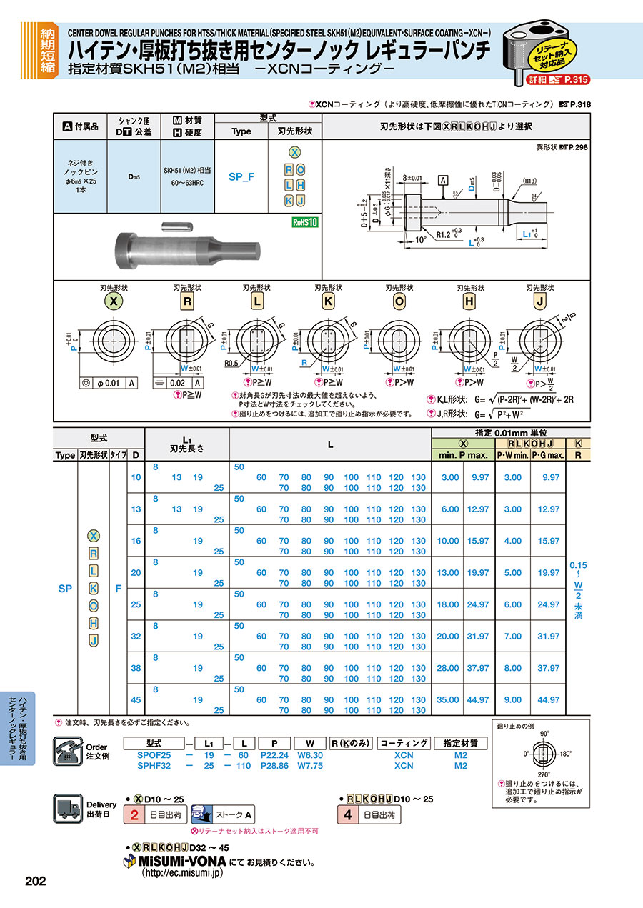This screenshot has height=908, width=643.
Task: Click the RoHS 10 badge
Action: [305, 222]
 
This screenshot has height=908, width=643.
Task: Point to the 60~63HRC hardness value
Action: [186, 184]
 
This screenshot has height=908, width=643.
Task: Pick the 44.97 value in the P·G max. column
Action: [549, 700]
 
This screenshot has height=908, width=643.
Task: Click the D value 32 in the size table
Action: [135, 637]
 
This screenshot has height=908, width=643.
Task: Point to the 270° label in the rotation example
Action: [544, 773]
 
